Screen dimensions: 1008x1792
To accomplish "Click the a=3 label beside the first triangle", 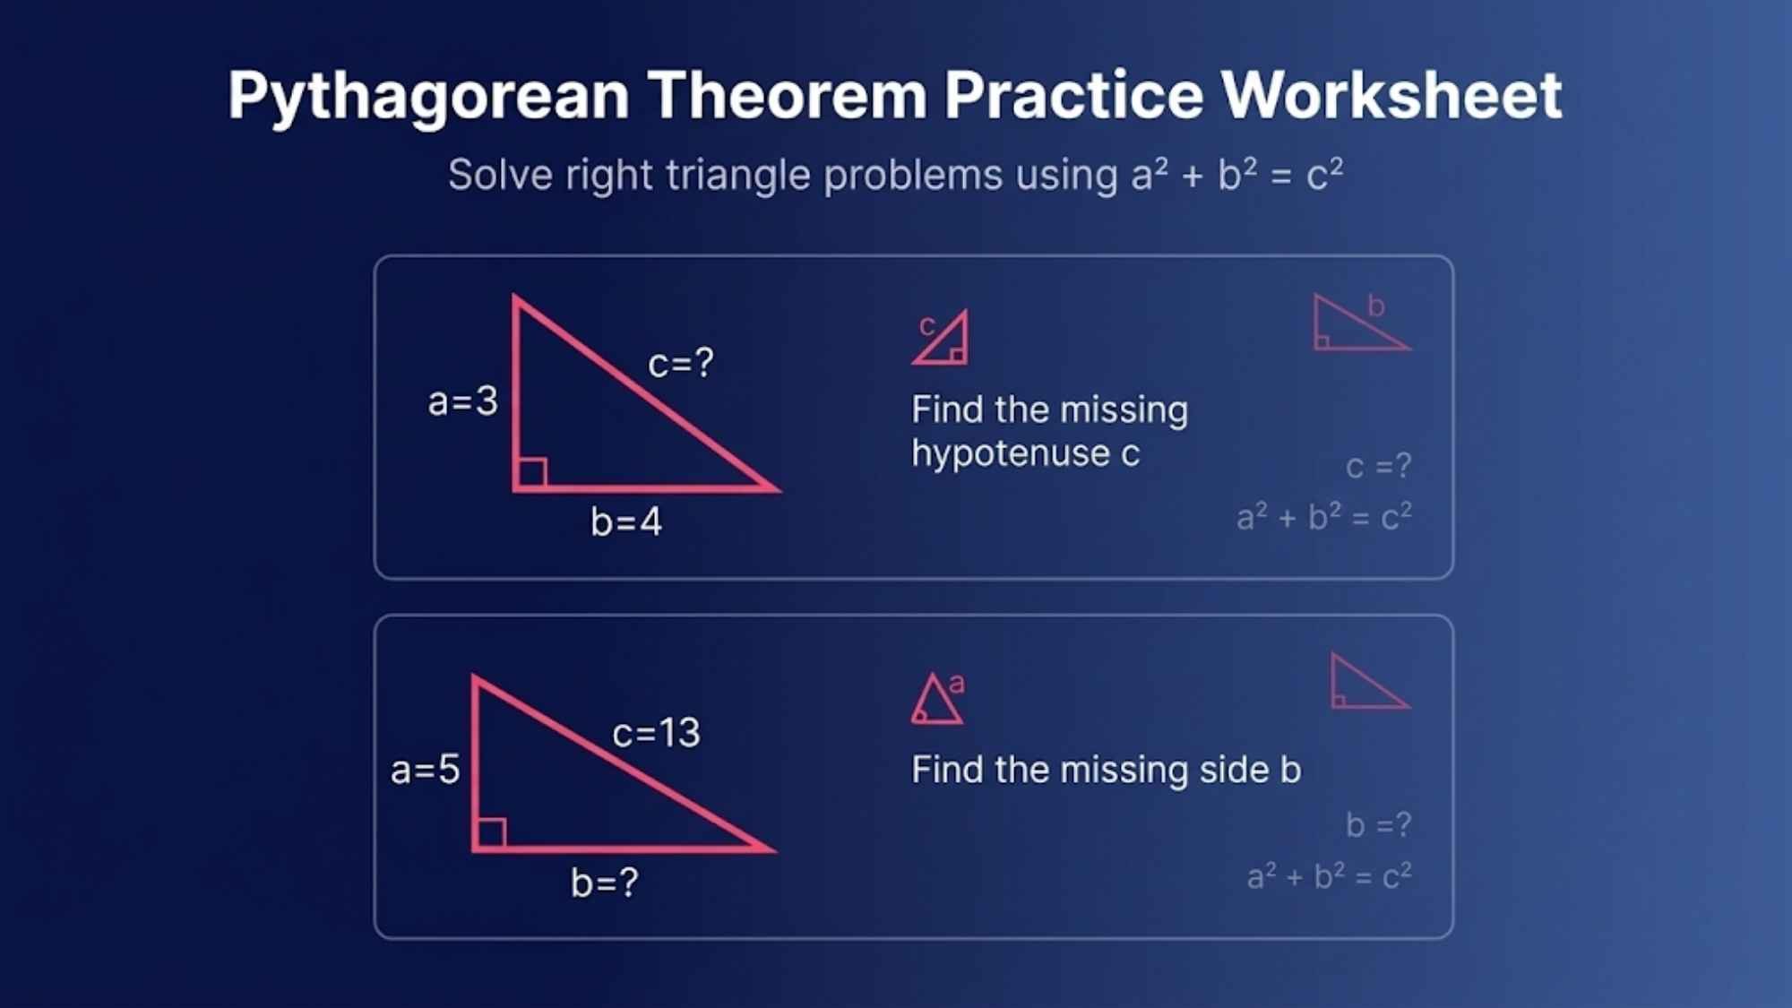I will [462, 401].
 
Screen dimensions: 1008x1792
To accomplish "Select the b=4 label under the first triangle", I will [625, 521].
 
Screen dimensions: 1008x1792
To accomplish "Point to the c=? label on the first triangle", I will [681, 363].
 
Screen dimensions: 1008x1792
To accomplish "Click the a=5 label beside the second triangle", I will [425, 770].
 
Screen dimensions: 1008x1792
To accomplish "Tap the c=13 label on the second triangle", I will [656, 733].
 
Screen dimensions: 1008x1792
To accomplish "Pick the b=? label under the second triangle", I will [605, 883].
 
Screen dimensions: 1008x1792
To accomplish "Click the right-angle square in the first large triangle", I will [532, 472].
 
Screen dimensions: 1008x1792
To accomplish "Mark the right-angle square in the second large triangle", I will [491, 832].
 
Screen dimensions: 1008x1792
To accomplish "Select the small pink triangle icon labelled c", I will [943, 340].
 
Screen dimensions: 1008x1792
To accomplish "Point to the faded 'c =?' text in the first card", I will [1378, 466].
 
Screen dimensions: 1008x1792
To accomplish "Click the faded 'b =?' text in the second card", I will [1378, 824].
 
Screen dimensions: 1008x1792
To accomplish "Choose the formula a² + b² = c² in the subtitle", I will [1236, 174].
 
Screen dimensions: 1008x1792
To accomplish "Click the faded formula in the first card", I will [1323, 517].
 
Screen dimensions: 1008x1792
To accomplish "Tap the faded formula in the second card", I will [1329, 875].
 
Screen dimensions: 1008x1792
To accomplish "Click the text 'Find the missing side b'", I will [1106, 770].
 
